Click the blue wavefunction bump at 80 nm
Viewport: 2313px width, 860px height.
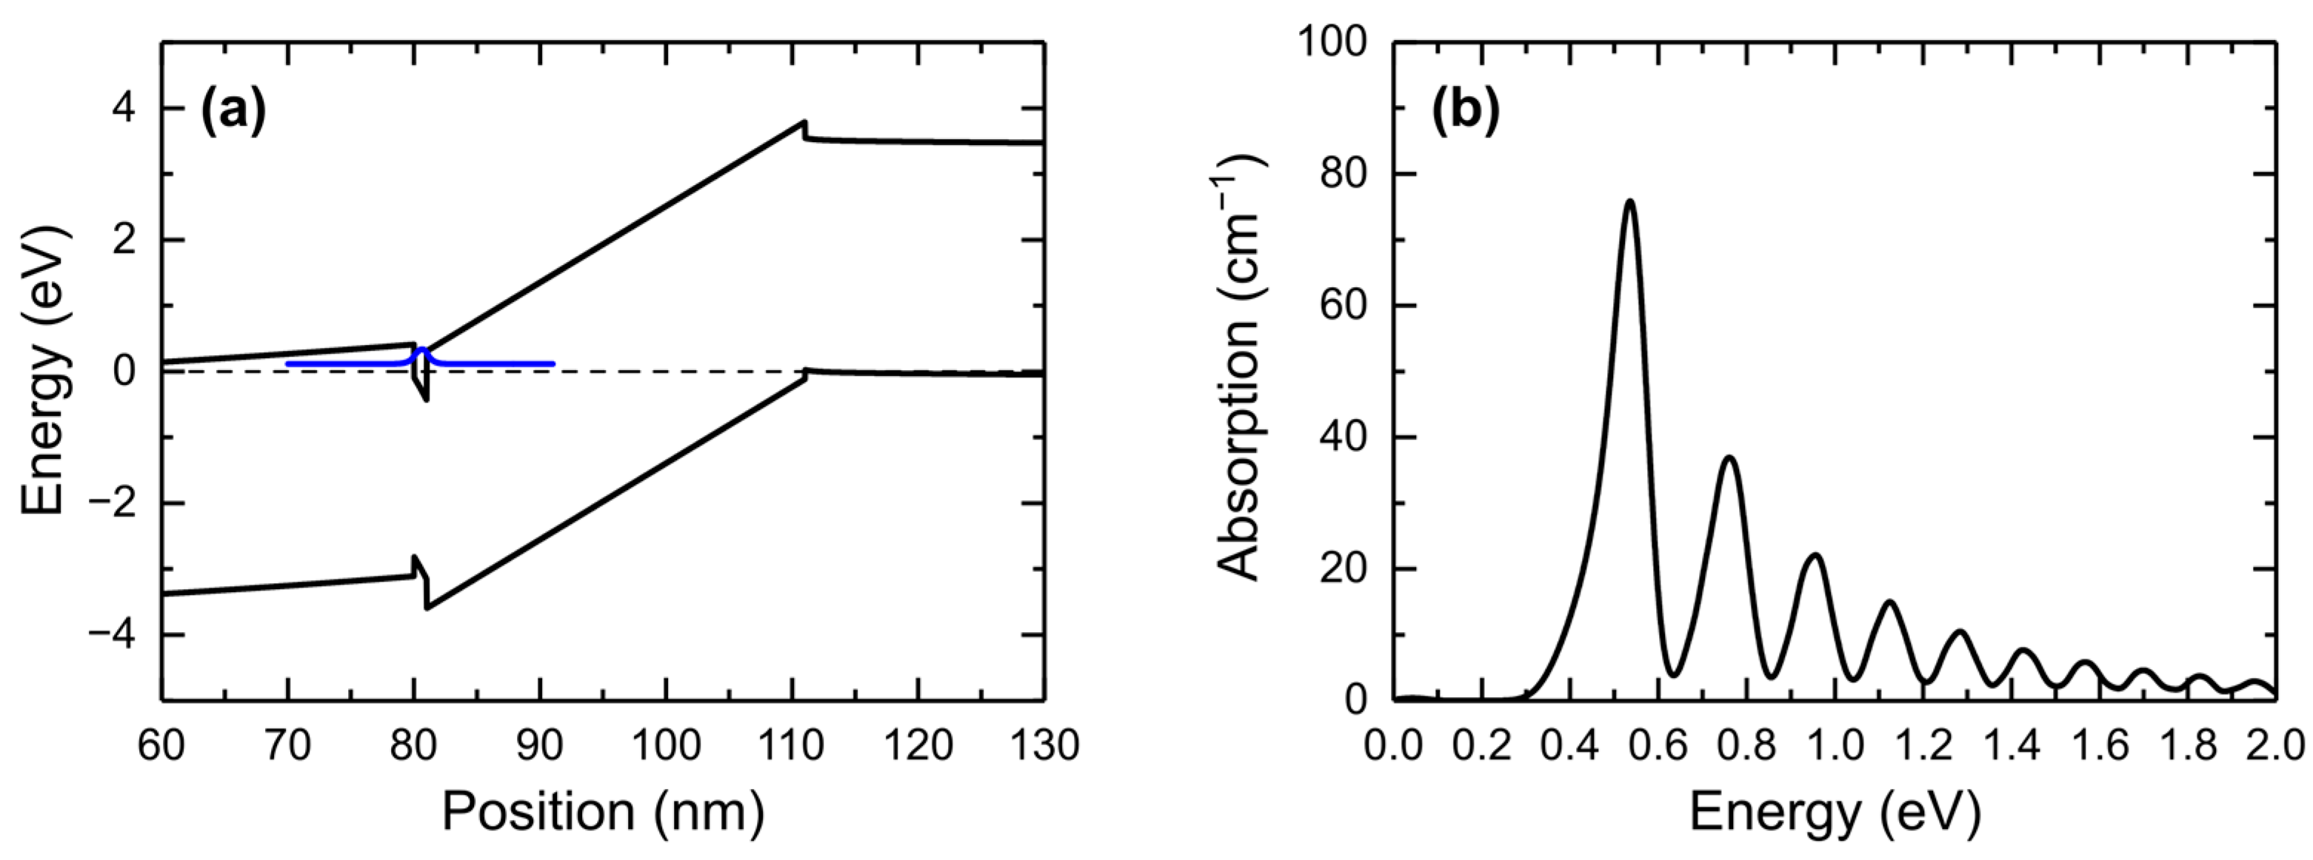click(x=421, y=350)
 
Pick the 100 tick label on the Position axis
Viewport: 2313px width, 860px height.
click(x=665, y=746)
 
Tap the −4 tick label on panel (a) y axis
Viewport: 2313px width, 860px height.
click(x=117, y=635)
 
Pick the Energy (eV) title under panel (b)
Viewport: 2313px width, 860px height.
click(x=1834, y=813)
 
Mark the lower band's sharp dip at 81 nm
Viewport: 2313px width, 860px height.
click(x=427, y=608)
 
